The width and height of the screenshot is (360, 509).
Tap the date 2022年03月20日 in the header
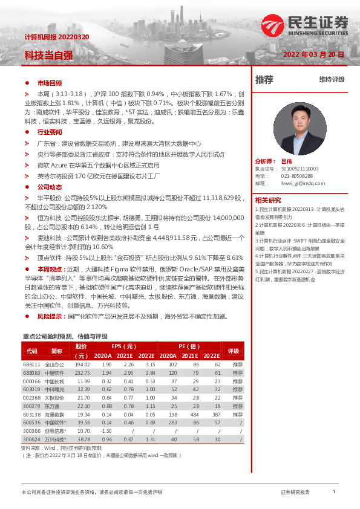(313, 54)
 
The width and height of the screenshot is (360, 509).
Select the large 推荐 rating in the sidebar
(264, 79)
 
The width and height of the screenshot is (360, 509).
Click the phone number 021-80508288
(298, 175)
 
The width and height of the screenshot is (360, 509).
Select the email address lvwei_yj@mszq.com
(303, 183)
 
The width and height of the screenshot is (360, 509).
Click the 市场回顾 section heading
(50, 83)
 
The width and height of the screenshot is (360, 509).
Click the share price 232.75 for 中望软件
(82, 373)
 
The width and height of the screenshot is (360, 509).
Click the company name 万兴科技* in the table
(57, 439)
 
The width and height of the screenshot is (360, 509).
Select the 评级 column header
(233, 351)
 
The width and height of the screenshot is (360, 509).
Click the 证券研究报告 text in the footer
(295, 492)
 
